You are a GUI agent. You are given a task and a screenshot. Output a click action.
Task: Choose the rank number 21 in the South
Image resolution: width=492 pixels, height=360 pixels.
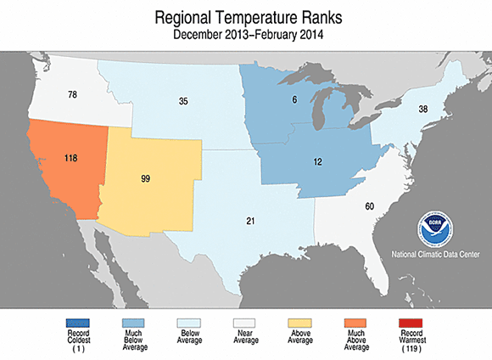pyautogui.click(x=251, y=221)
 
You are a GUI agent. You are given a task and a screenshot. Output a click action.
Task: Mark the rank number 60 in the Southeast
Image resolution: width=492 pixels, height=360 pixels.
pyautogui.click(x=369, y=205)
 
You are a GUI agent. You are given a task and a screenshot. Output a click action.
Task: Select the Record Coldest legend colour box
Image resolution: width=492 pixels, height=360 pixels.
pyautogui.click(x=77, y=322)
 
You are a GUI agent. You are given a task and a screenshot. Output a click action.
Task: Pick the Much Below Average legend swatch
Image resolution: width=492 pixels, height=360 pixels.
pyautogui.click(x=133, y=322)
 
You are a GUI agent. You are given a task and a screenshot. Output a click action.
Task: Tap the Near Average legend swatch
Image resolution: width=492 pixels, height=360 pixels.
pyautogui.click(x=245, y=322)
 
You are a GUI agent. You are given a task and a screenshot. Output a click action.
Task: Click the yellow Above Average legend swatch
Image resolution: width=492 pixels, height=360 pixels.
pyautogui.click(x=302, y=322)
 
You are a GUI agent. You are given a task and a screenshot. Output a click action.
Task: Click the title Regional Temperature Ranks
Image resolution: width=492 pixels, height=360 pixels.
pyautogui.click(x=245, y=17)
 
